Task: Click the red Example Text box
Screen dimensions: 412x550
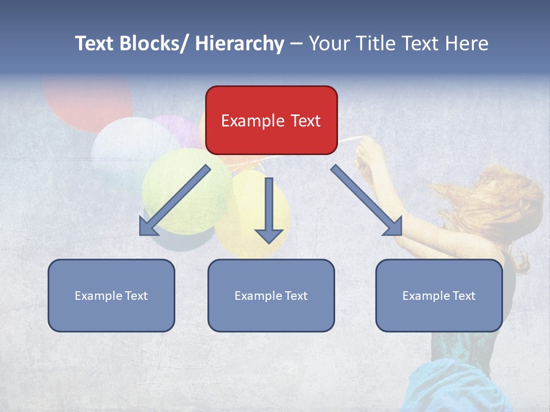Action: tap(271, 120)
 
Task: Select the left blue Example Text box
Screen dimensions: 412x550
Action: tap(111, 295)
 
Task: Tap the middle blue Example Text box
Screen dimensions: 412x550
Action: tap(271, 295)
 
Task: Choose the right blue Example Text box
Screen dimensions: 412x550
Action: tap(439, 295)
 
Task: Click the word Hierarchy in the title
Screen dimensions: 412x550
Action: tap(239, 43)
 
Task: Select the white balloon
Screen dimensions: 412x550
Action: tap(129, 149)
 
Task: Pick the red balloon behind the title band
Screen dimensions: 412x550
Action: tap(86, 100)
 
